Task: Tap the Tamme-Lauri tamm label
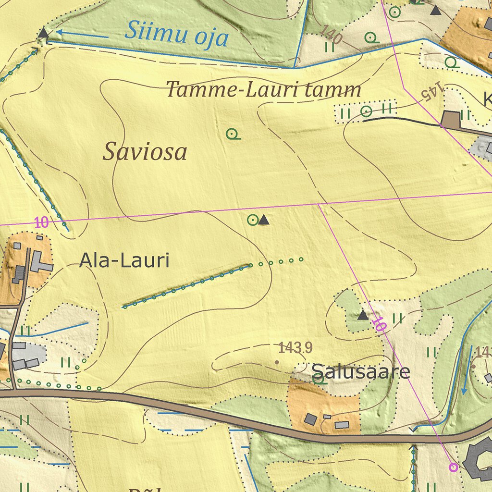tap(263, 90)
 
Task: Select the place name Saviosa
tap(145, 152)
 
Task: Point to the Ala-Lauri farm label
tap(124, 261)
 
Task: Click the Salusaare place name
tap(360, 371)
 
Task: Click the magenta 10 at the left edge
tap(41, 222)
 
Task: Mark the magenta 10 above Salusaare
tap(379, 325)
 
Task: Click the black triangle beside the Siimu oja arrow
tap(43, 33)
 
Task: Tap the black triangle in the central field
tap(263, 220)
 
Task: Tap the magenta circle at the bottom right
tap(453, 467)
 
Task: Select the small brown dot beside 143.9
tap(277, 362)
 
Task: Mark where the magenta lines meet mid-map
tap(319, 204)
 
